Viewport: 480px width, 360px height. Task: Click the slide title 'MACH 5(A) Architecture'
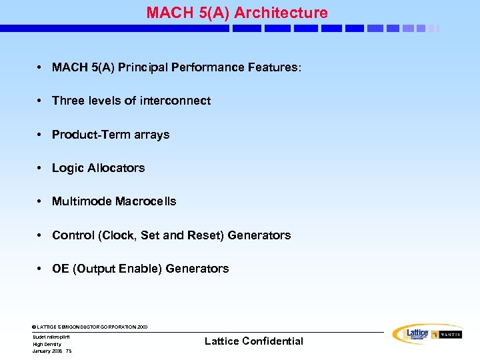(x=237, y=13)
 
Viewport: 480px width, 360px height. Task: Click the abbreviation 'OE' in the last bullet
(x=61, y=269)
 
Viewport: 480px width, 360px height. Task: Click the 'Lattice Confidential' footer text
(x=253, y=341)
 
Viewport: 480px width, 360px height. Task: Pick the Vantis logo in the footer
(x=447, y=335)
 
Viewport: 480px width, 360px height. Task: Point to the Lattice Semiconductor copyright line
(x=90, y=327)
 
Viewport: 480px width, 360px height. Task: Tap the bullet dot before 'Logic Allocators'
(x=41, y=168)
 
